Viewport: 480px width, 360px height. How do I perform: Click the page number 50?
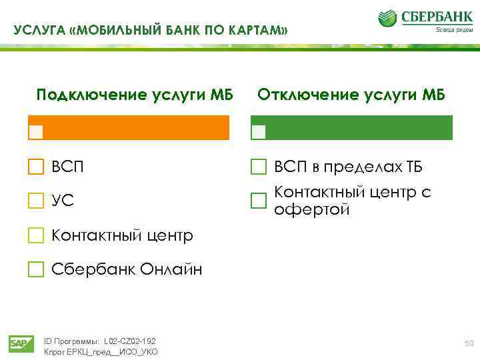pyautogui.click(x=469, y=343)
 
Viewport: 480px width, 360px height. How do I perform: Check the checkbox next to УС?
pyautogui.click(x=35, y=201)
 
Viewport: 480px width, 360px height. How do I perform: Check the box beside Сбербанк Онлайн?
pyautogui.click(x=35, y=269)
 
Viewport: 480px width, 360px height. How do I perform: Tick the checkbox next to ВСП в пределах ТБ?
pyautogui.click(x=258, y=167)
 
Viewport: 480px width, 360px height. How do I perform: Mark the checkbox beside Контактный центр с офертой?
pyautogui.click(x=258, y=201)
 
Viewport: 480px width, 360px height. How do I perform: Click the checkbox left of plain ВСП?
pyautogui.click(x=35, y=167)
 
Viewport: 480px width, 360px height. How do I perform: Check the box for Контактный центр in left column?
pyautogui.click(x=35, y=235)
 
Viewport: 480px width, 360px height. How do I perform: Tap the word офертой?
pyautogui.click(x=311, y=210)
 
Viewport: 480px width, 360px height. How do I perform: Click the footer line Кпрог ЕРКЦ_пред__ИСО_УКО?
pyautogui.click(x=100, y=351)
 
